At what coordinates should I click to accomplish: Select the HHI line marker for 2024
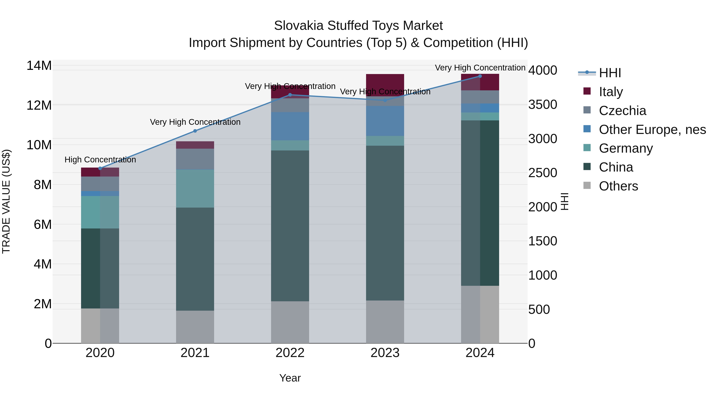click(x=480, y=76)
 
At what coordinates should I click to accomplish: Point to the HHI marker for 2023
click(x=385, y=100)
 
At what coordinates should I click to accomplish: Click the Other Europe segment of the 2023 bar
click(x=385, y=121)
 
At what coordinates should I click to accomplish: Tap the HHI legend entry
click(x=610, y=73)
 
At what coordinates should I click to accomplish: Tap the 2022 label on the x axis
click(x=290, y=353)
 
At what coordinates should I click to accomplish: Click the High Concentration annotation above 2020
click(x=100, y=160)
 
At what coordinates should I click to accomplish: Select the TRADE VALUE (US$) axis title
click(x=6, y=201)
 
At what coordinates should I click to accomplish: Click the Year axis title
click(x=290, y=378)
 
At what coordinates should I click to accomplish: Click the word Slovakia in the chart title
click(x=298, y=26)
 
